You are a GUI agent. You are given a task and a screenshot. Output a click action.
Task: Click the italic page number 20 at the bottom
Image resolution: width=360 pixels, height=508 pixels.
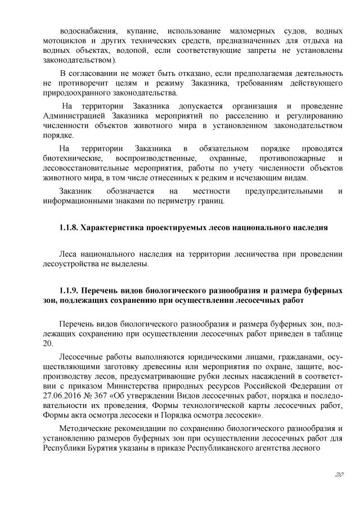tap(337, 475)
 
